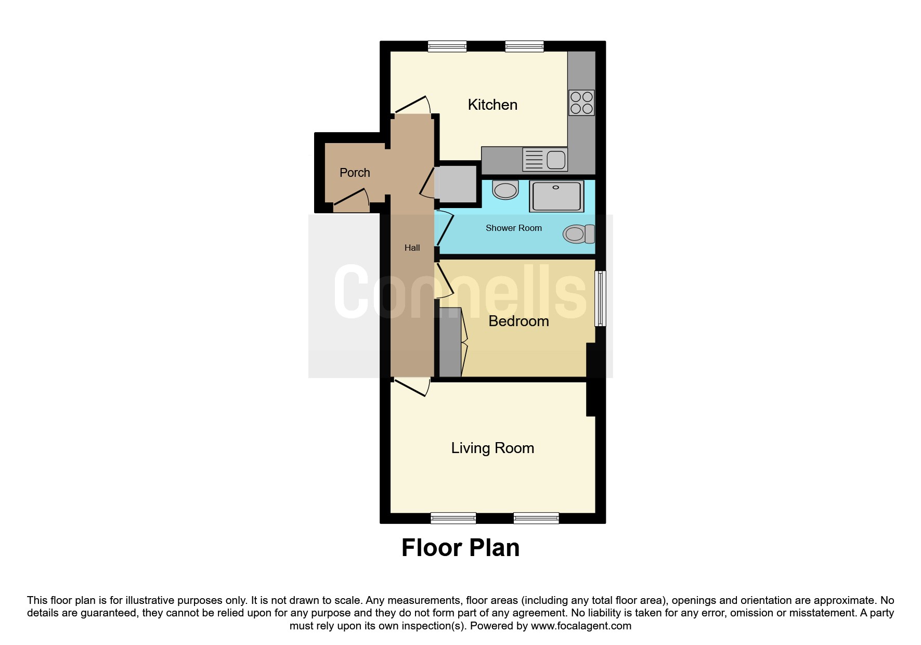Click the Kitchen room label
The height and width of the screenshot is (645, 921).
492,105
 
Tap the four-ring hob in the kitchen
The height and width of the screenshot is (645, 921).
581,102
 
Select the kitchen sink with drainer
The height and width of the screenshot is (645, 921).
544,160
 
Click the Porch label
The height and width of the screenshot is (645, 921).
355,173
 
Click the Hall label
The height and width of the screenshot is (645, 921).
412,248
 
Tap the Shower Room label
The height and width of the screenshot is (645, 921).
514,228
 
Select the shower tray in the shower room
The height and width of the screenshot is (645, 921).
556,197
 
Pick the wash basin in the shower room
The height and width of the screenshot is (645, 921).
505,190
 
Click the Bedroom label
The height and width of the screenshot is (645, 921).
518,321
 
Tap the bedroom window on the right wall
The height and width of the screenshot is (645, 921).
601,298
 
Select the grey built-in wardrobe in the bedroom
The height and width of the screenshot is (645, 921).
450,342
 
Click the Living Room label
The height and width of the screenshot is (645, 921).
492,448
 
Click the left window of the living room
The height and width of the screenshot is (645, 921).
453,518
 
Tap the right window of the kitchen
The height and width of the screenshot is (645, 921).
524,46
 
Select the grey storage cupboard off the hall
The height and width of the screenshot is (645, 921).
456,184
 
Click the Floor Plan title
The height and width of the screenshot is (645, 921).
460,548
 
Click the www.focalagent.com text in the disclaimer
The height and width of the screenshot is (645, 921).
581,626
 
